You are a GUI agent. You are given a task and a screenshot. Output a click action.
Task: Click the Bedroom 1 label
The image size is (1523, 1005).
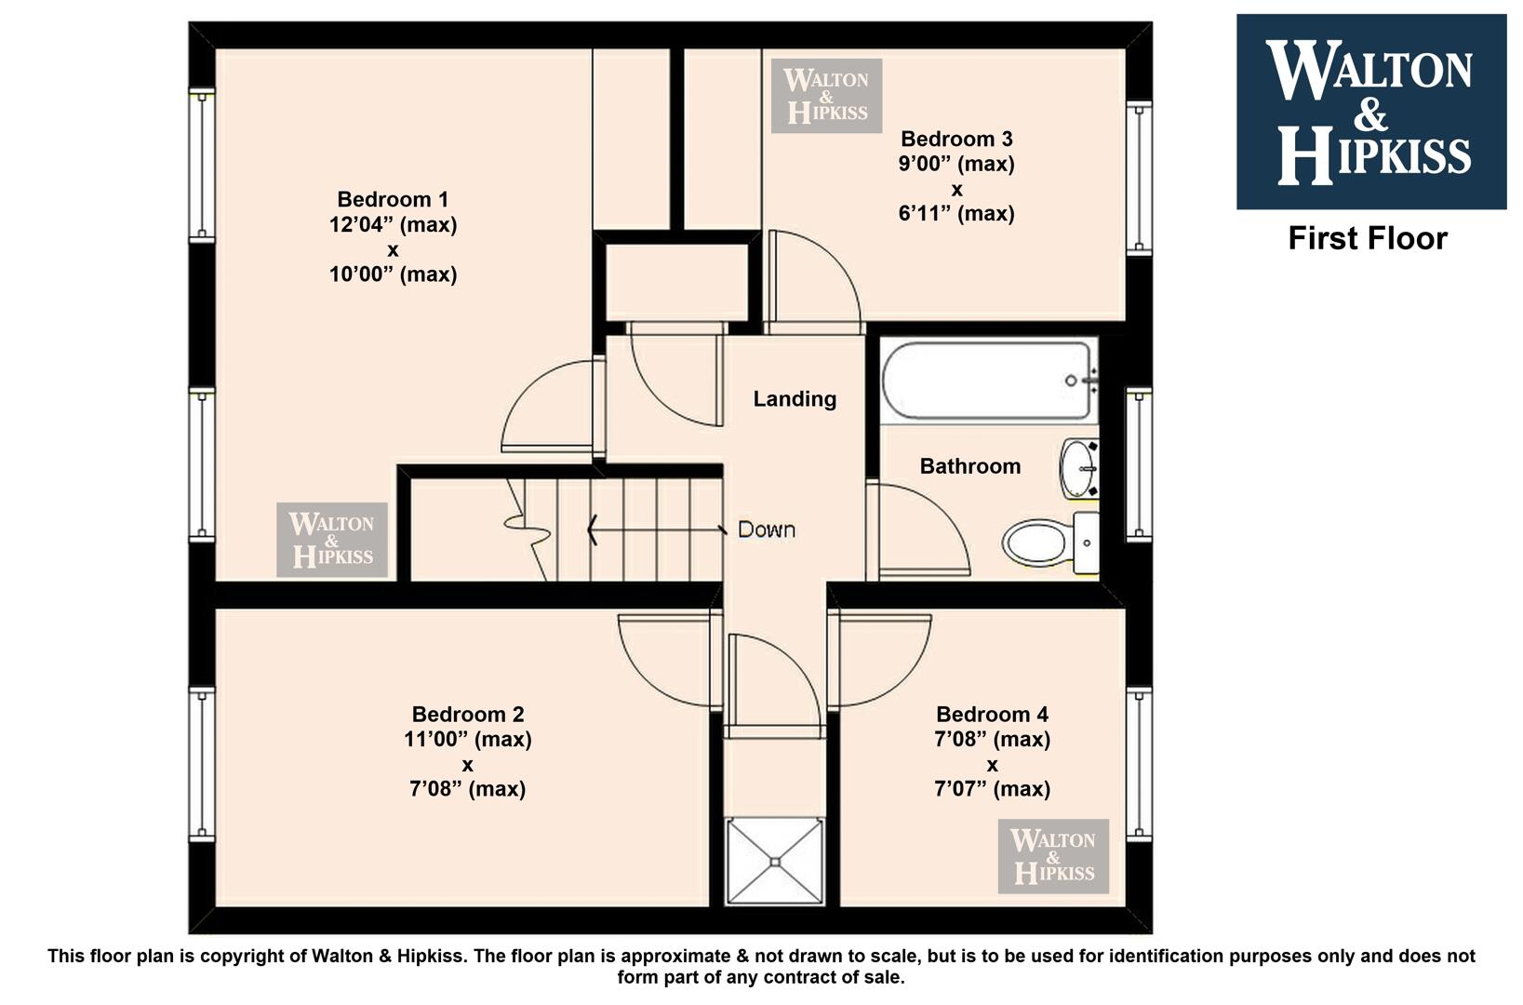point(393,199)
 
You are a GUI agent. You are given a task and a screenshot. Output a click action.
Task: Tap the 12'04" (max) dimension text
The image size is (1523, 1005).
point(393,224)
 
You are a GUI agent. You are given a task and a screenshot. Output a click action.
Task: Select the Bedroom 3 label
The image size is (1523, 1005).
point(956,139)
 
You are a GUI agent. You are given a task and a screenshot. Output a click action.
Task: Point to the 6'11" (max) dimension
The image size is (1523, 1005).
point(956,213)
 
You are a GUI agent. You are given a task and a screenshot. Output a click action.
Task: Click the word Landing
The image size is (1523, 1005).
point(795,398)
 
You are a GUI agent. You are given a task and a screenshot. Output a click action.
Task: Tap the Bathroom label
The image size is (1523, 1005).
point(970,466)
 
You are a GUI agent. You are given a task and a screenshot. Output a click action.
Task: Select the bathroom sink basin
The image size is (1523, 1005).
point(1079,469)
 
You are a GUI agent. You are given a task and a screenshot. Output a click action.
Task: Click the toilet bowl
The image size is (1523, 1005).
point(1035,543)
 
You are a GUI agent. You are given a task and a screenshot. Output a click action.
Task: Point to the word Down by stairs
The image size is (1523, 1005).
point(767,529)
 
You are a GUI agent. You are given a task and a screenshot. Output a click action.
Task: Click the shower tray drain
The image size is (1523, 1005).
point(775,863)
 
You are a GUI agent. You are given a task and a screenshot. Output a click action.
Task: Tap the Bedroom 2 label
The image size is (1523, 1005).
point(468,714)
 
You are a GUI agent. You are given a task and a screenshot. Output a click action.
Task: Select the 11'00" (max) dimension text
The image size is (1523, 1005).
point(468,739)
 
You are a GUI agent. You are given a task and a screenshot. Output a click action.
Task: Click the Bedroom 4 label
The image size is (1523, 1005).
point(992,714)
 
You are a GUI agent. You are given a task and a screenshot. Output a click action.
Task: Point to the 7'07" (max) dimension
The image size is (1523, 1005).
point(992,789)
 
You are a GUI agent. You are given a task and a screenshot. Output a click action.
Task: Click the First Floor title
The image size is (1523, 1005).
point(1368,238)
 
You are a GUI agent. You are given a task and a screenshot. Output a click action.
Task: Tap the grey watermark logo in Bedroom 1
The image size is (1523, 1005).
point(332,540)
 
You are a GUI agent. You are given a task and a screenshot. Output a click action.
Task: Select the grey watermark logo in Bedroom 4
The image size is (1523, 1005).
point(1053,856)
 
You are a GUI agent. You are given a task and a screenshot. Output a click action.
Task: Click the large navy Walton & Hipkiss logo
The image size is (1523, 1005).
point(1371,112)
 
